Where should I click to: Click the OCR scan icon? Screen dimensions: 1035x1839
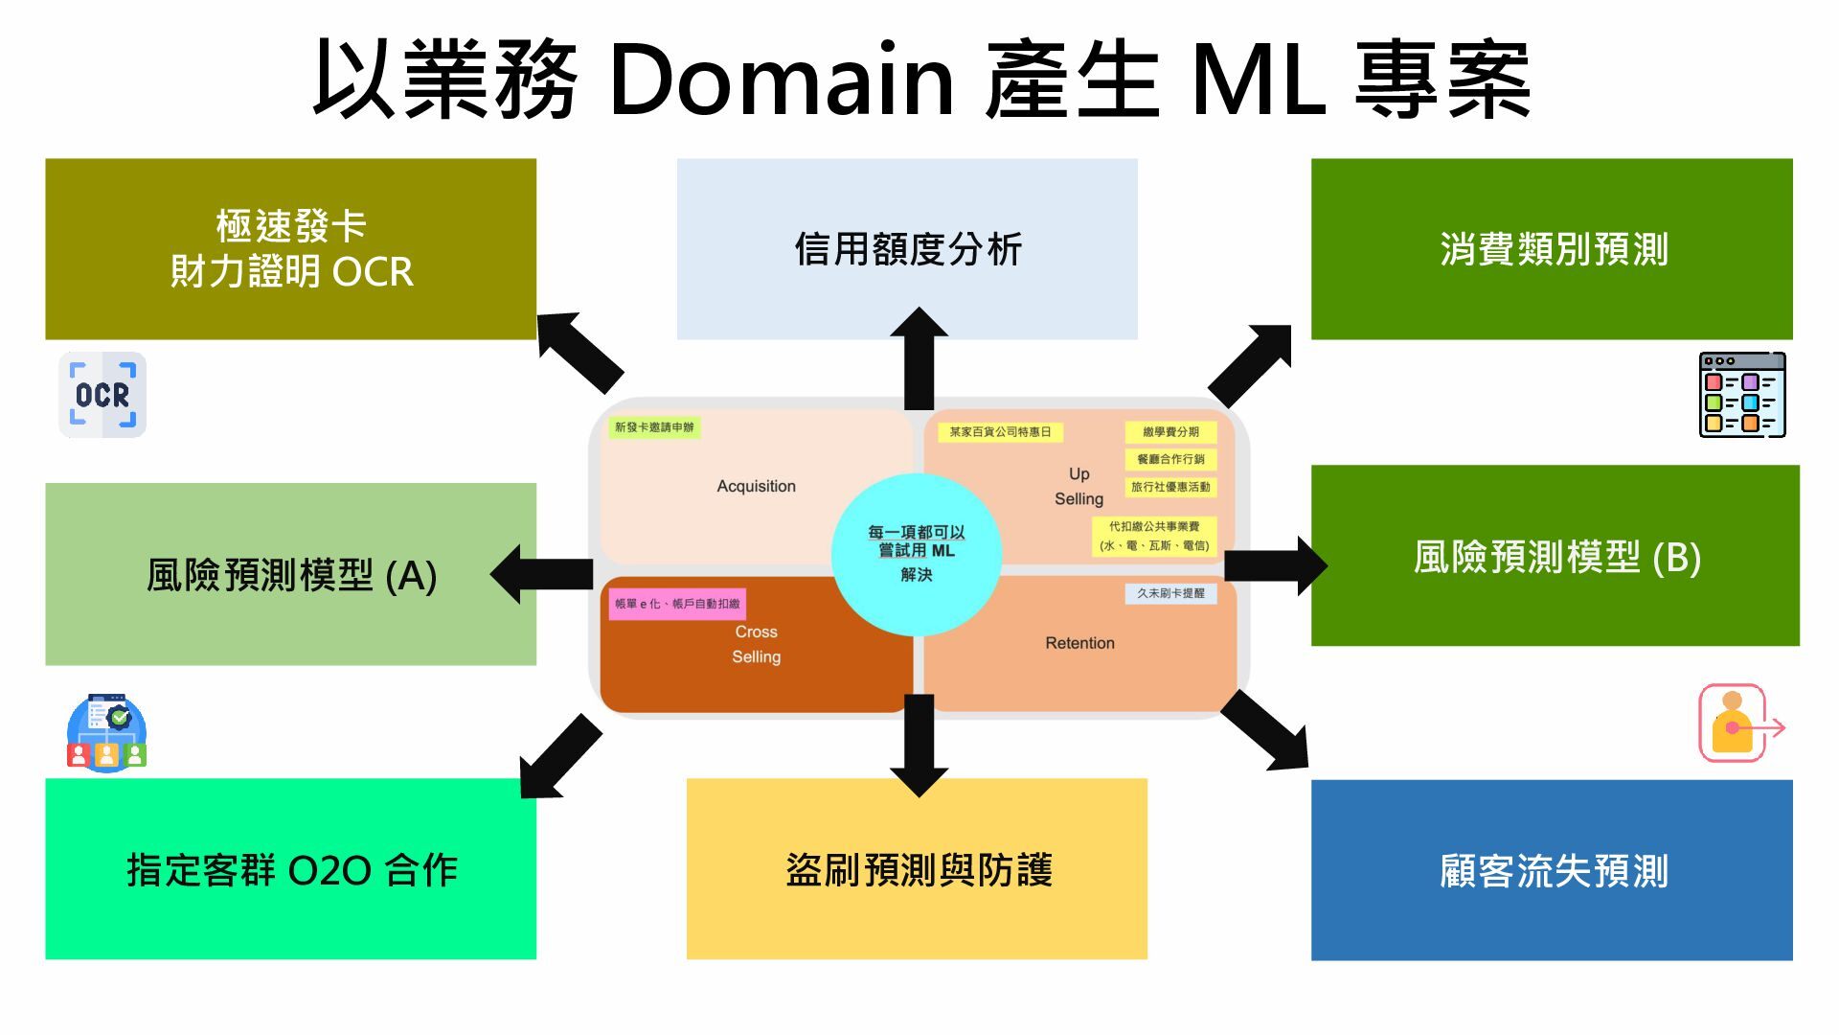(x=102, y=395)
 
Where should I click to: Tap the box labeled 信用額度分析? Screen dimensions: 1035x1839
(x=907, y=249)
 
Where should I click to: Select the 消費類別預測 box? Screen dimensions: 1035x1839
(x=1552, y=249)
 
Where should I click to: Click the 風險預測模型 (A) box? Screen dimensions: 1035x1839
(x=290, y=574)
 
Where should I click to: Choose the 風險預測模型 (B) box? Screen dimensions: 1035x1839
(x=1555, y=556)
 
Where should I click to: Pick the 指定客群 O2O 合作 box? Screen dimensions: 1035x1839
(x=290, y=868)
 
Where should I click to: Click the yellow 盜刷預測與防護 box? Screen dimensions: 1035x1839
(x=917, y=868)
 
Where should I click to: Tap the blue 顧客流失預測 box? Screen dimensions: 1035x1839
(x=1552, y=869)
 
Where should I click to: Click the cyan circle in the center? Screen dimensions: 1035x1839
(x=916, y=553)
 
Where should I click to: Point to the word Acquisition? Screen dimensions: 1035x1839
(x=756, y=486)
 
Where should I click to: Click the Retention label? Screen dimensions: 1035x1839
(x=1079, y=643)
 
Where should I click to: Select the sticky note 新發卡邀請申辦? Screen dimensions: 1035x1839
(x=654, y=427)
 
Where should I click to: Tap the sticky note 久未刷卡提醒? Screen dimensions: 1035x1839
(x=1170, y=593)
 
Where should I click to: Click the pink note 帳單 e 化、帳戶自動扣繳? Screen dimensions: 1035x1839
(x=677, y=604)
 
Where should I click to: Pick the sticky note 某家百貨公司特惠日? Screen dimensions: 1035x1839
(x=1000, y=432)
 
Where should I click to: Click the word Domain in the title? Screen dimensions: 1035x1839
(x=781, y=79)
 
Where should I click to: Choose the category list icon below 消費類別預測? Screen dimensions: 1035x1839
(x=1741, y=395)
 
